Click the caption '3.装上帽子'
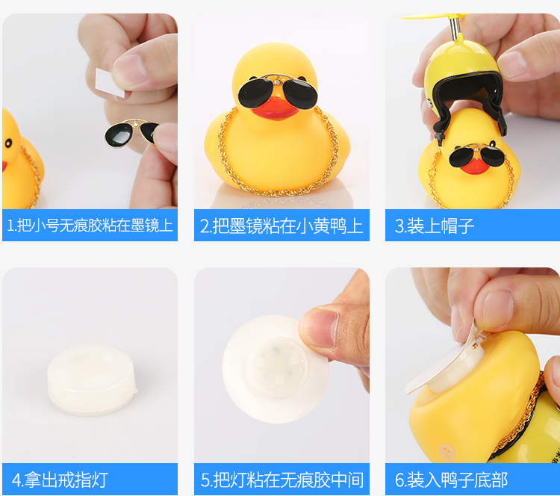point(435,226)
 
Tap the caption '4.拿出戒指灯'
point(60,480)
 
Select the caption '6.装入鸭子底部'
point(451,480)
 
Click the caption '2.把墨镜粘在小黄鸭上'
point(281,226)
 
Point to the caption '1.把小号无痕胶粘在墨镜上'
point(90,226)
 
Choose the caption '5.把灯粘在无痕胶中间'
point(282,480)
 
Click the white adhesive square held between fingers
point(109,83)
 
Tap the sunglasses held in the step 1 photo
point(131,133)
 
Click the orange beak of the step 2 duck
point(275,107)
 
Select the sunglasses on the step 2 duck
point(278,91)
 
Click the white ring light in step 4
point(92,380)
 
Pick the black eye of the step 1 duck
point(7,143)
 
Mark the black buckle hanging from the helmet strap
point(438,137)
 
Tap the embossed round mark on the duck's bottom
point(447,451)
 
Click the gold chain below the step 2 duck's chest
point(279,193)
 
